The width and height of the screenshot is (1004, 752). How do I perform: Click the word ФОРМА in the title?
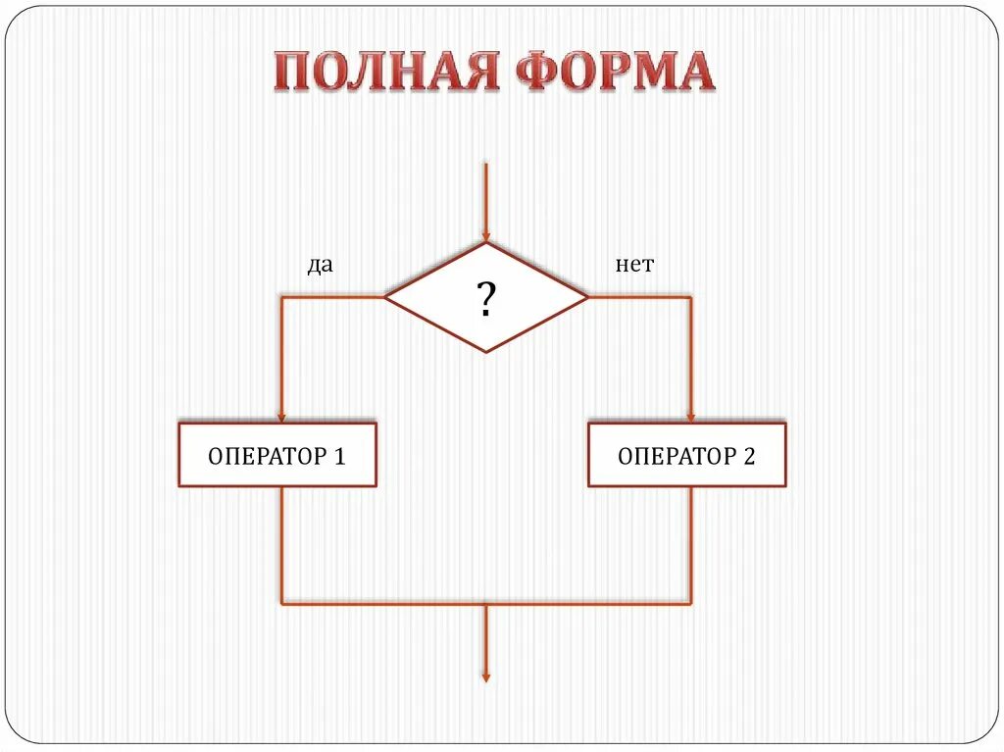click(614, 72)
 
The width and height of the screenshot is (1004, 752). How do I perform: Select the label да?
click(320, 266)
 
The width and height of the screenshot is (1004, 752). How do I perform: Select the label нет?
click(634, 266)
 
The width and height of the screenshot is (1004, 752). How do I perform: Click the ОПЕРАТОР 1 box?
click(277, 455)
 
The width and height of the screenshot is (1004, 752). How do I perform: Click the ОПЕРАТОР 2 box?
click(686, 455)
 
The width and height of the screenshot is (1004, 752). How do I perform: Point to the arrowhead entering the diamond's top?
click(485, 236)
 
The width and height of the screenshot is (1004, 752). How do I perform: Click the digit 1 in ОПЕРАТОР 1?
click(339, 456)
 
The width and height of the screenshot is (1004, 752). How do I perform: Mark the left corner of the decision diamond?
click(385, 297)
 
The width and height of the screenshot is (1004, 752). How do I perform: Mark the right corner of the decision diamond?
click(588, 297)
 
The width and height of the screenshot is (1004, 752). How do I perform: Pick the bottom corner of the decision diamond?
click(485, 352)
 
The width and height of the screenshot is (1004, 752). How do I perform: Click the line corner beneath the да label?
click(282, 297)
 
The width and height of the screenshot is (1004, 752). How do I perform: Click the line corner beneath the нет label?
click(691, 297)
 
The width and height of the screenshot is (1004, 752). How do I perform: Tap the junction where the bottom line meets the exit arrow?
click(485, 604)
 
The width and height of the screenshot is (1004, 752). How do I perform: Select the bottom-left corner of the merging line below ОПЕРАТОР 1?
click(282, 604)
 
